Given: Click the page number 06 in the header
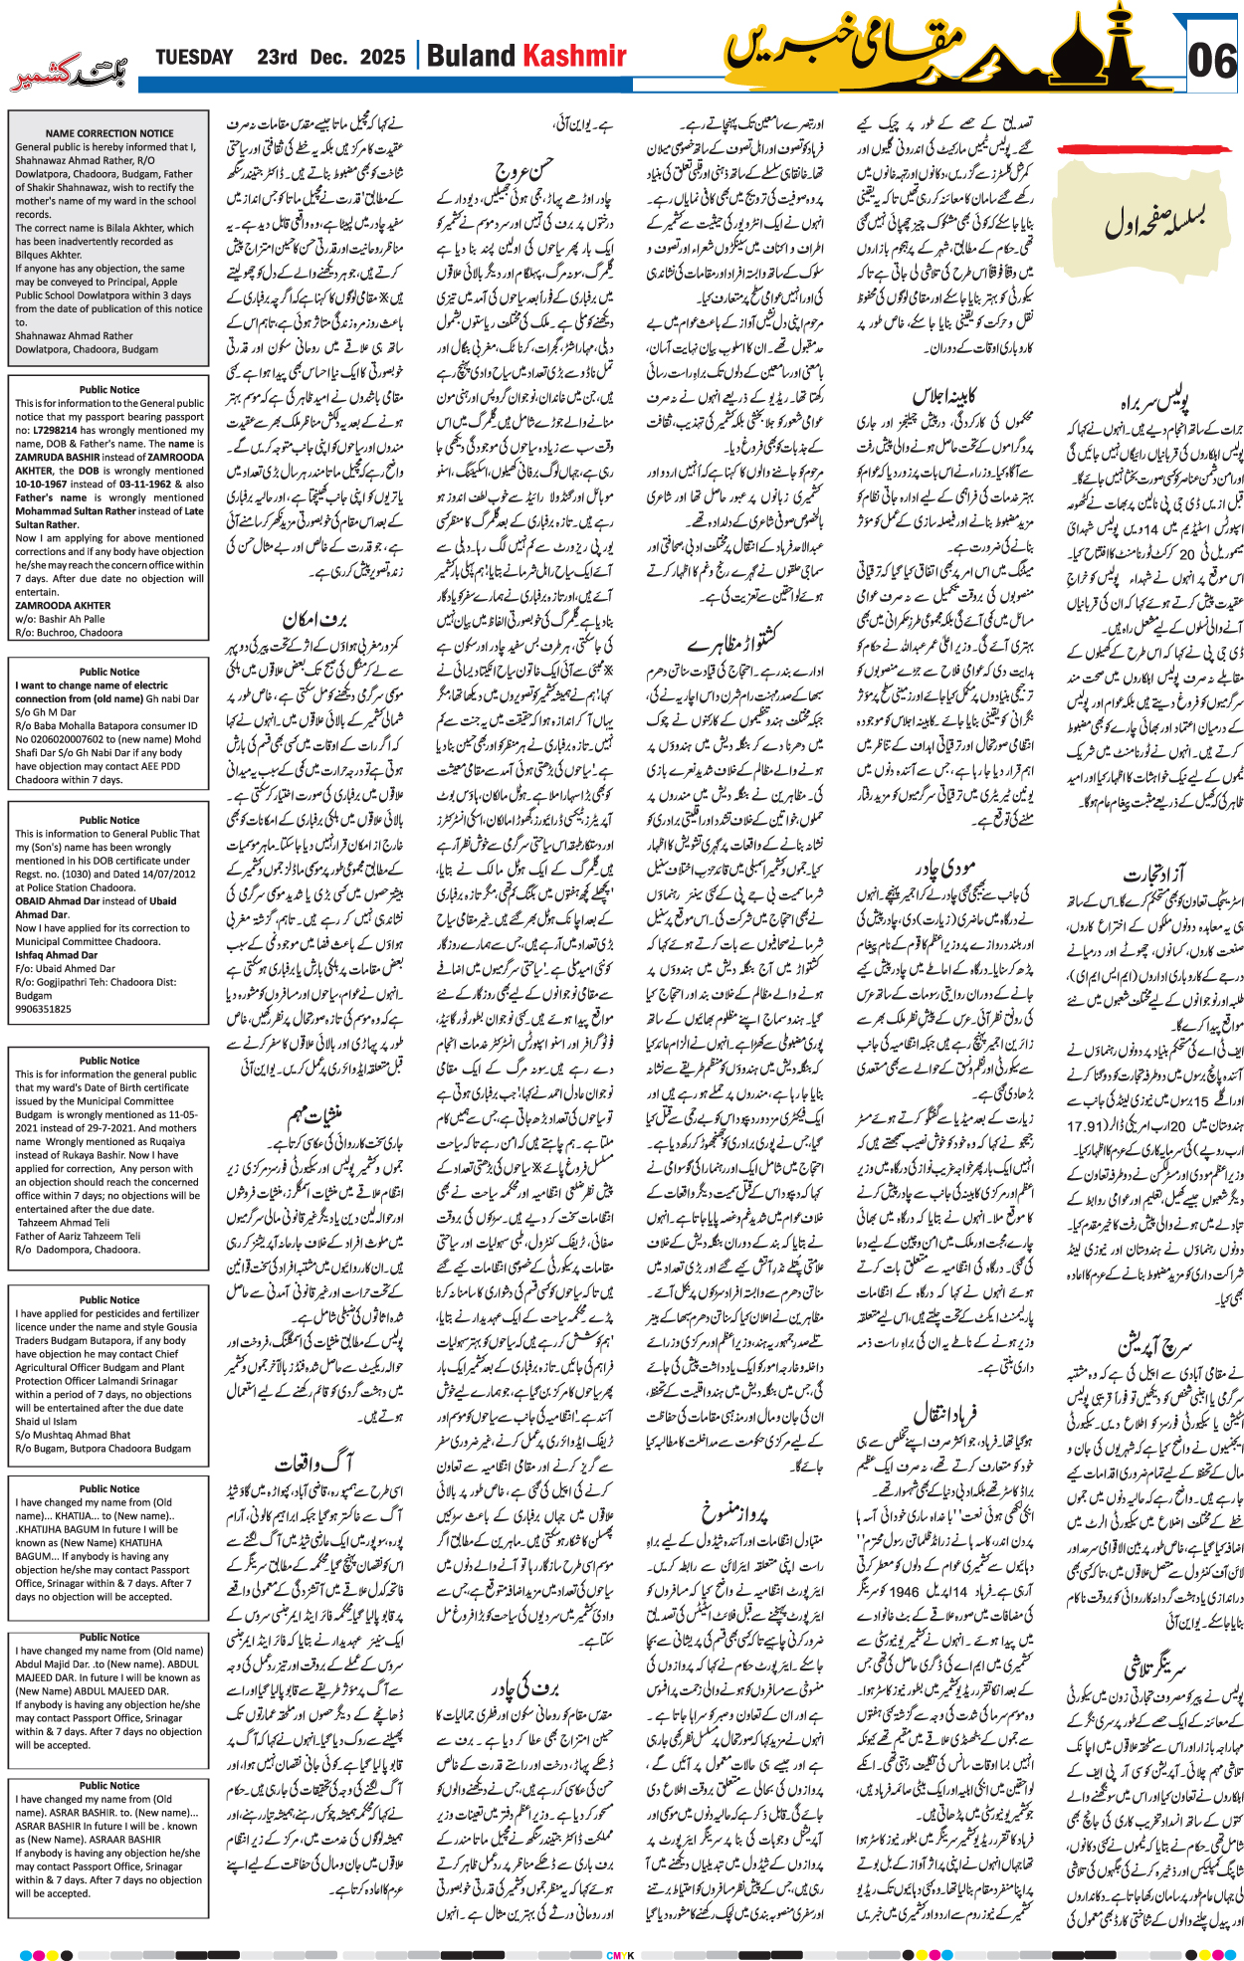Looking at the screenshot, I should coord(1212,63).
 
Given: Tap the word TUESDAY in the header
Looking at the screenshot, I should coord(194,58).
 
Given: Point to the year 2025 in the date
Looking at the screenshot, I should coord(382,58).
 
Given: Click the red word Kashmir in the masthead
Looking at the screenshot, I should coord(575,57).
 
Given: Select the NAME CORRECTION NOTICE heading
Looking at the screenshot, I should coord(109,133).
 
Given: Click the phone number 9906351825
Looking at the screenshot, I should coord(43,1009).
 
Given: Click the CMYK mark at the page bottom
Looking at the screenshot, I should coord(620,1954).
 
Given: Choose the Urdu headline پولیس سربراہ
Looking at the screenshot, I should coord(1153,403).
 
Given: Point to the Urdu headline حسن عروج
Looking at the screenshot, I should coord(522,170).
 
